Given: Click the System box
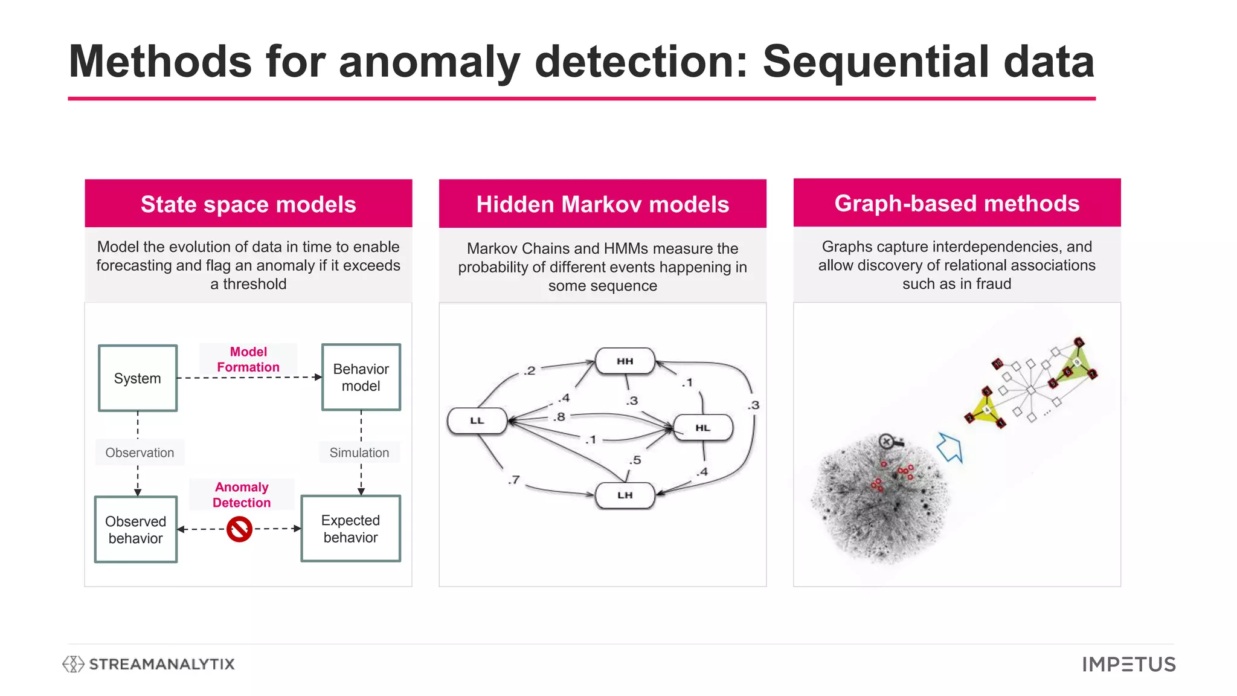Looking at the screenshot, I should click(x=138, y=378).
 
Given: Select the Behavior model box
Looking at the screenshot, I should click(x=361, y=378).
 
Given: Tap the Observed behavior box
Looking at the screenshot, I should click(x=136, y=530).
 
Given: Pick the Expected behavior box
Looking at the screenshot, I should click(x=350, y=529).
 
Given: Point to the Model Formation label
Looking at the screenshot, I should click(x=248, y=359).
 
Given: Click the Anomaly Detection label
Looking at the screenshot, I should click(x=242, y=495).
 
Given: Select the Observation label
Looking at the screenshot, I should click(x=140, y=453).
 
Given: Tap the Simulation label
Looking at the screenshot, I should click(x=359, y=453).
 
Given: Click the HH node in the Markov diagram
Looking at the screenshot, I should click(x=625, y=361).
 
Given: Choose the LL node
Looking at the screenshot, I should click(x=477, y=420).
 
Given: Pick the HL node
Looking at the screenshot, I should click(x=702, y=428).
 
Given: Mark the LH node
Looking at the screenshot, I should click(x=625, y=495).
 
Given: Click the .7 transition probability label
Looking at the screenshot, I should click(x=513, y=480).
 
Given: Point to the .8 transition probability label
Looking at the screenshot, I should click(x=560, y=417).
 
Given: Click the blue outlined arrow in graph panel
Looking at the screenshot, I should click(x=949, y=448).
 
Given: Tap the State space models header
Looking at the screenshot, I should click(x=248, y=204).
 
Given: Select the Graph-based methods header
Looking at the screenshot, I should click(x=957, y=204).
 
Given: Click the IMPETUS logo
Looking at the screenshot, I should click(x=1129, y=665).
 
